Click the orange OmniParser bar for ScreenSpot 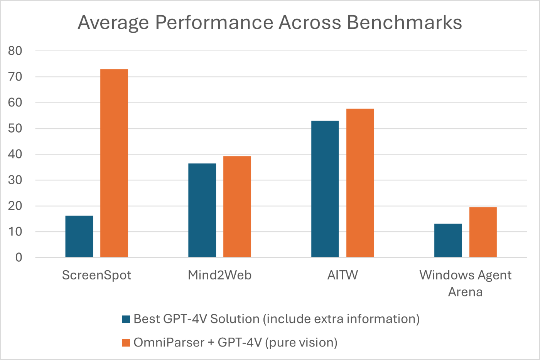coord(114,163)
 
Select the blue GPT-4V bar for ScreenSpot coord(79,236)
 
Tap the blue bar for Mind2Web coord(202,210)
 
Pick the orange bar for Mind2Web coord(237,207)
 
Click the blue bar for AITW coord(325,189)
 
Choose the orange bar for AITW coord(360,183)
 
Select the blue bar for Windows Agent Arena coord(448,241)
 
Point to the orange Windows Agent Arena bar coord(483,232)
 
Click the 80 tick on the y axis coord(15,51)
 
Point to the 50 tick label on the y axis coord(15,128)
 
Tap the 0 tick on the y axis coord(19,257)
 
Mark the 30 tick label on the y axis coord(15,180)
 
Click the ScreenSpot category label coord(96,275)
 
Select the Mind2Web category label coord(219,275)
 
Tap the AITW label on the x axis coord(343,275)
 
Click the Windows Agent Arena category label coord(465,283)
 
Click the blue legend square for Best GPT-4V coord(126,319)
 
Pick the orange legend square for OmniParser coord(126,343)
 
